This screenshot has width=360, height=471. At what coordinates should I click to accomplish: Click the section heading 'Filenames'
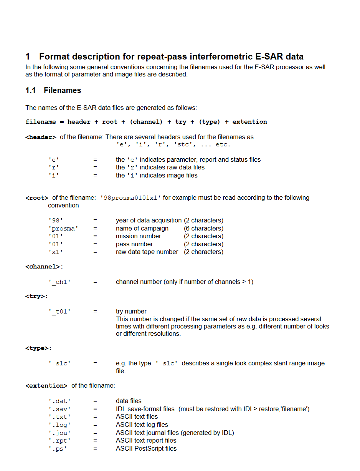tap(62, 90)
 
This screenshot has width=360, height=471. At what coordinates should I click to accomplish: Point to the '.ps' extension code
tap(58, 449)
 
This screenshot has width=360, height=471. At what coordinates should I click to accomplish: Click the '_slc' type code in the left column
tap(59, 363)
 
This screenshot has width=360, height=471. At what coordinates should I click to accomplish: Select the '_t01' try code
tap(59, 312)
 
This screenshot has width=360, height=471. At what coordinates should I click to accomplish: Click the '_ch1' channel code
tap(59, 282)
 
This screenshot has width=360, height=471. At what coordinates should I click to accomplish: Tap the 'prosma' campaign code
tap(63, 229)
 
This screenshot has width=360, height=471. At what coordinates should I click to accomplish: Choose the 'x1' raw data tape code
tap(56, 252)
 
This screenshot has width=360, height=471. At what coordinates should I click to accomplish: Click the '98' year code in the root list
tap(56, 221)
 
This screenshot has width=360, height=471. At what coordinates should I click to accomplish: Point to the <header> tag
tap(41, 137)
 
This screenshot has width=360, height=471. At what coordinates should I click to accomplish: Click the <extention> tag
tap(46, 386)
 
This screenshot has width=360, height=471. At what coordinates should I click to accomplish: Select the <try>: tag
tap(37, 297)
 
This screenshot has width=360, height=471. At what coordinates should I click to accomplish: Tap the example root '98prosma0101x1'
tap(130, 198)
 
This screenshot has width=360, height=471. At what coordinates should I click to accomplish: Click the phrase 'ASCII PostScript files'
tap(146, 448)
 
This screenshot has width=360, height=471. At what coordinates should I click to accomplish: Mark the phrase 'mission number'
tap(138, 236)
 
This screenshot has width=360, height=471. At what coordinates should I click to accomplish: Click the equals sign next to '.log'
tap(95, 425)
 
